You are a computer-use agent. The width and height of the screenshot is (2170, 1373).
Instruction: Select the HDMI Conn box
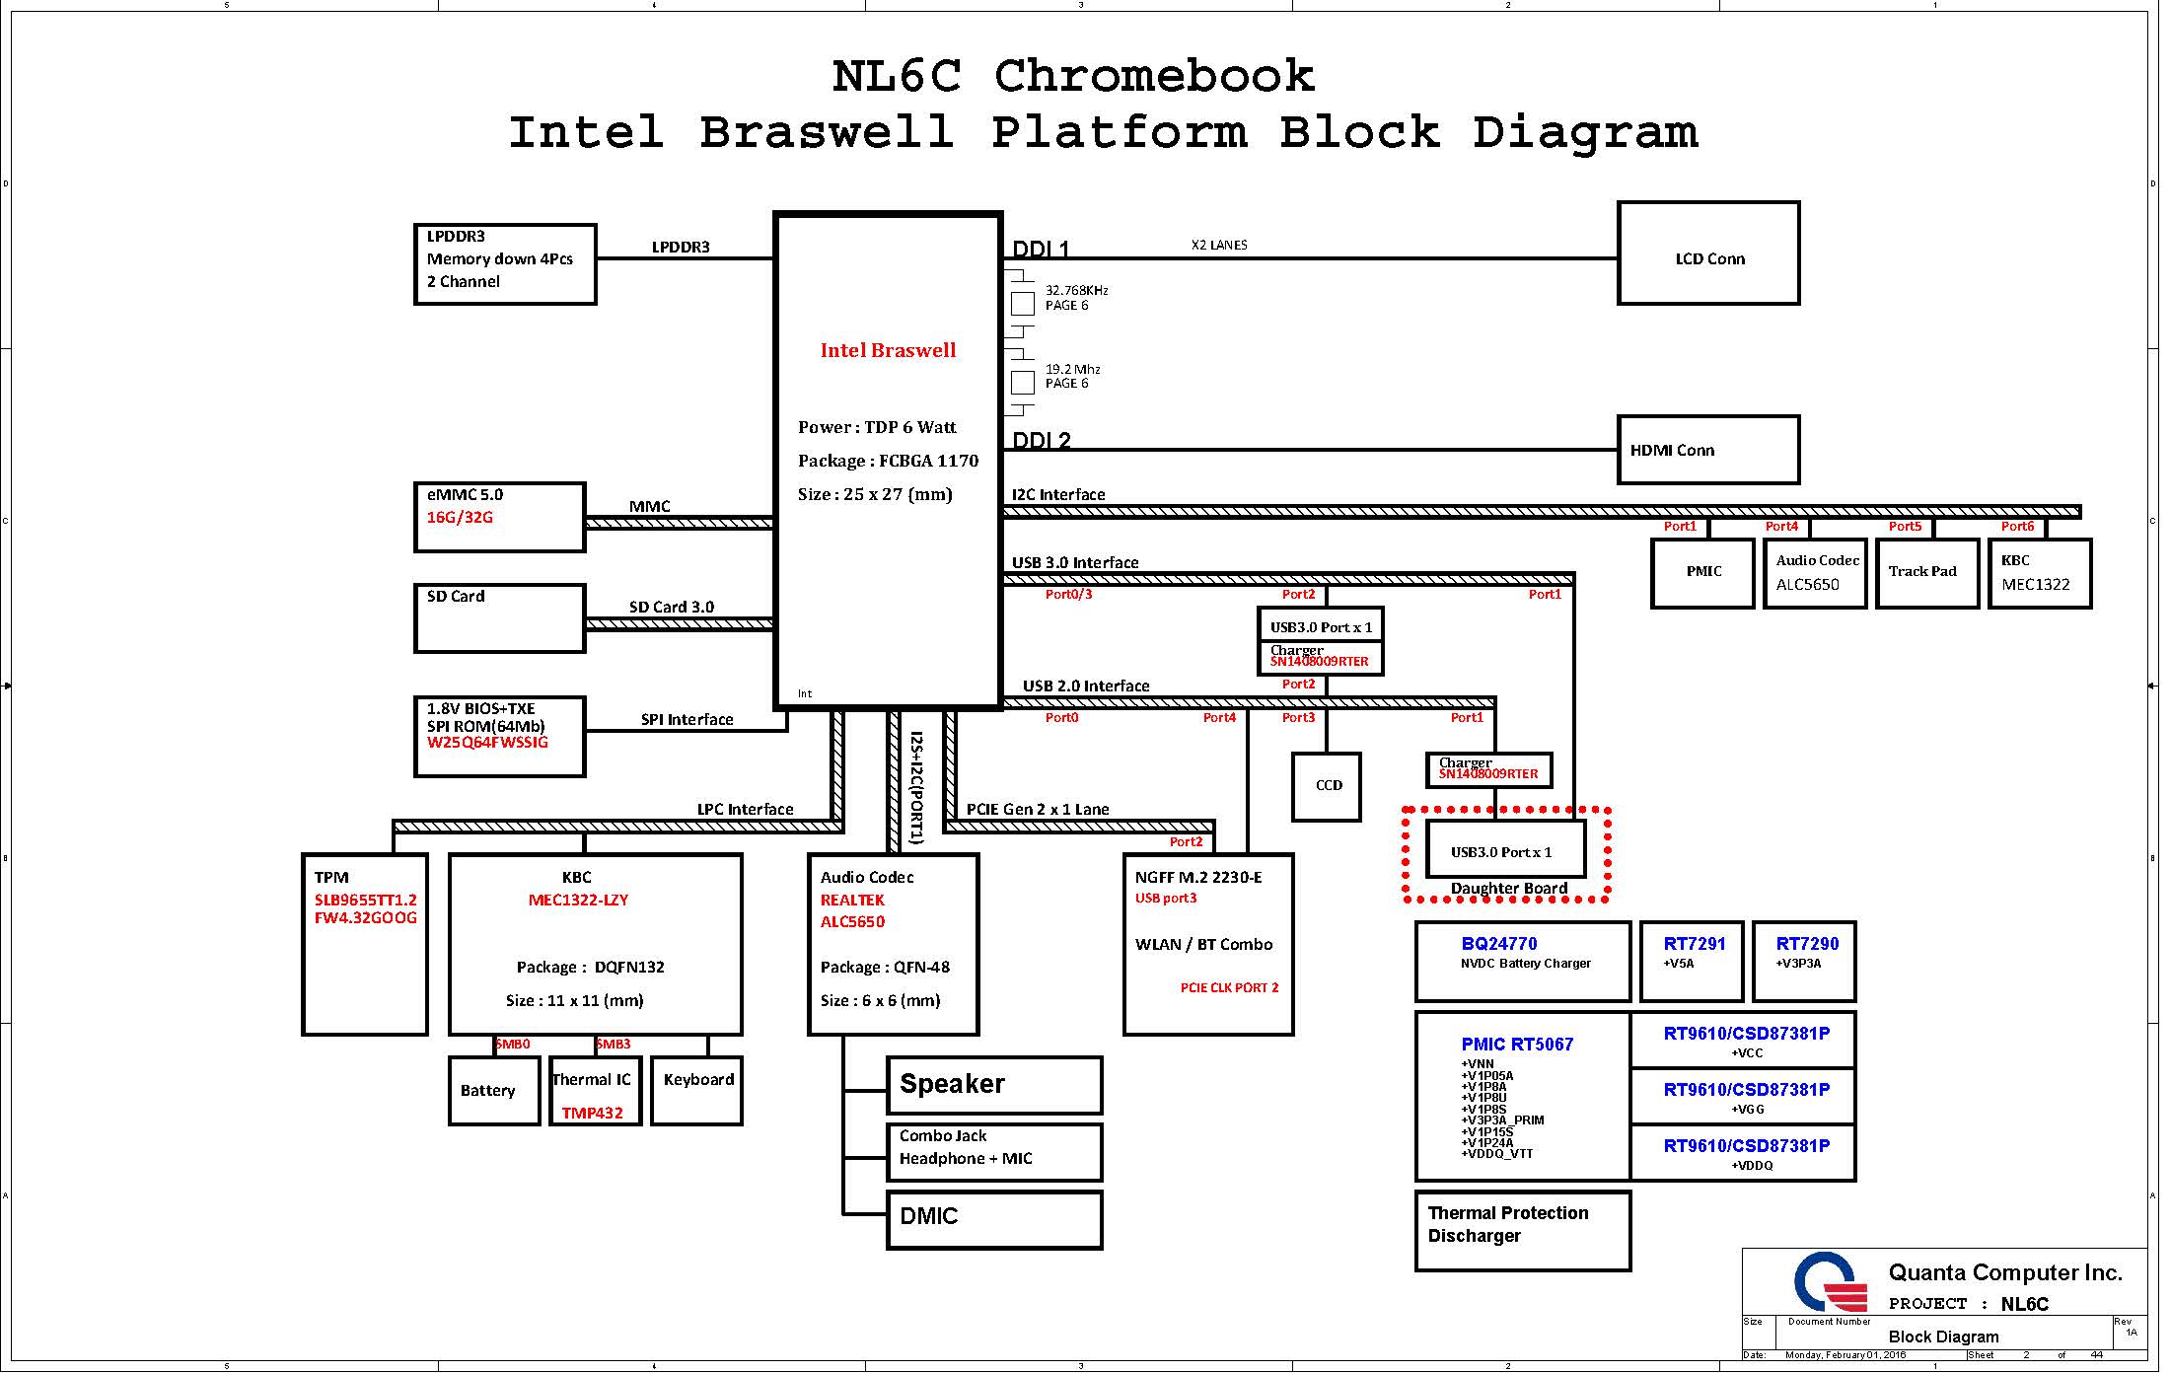click(1708, 450)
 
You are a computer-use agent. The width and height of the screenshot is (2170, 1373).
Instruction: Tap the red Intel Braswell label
click(888, 350)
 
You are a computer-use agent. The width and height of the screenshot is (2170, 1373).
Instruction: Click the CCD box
click(1327, 786)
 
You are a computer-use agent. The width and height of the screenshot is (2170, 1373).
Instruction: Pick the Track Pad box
click(1926, 573)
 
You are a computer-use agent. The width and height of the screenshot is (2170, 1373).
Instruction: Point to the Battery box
click(494, 1091)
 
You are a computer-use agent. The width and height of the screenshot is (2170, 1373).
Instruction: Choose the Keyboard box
click(696, 1091)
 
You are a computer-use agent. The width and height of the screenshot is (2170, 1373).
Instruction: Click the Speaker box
click(993, 1085)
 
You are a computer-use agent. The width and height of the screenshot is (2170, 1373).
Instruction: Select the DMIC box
click(993, 1219)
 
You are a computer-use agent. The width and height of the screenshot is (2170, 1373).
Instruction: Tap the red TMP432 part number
click(592, 1113)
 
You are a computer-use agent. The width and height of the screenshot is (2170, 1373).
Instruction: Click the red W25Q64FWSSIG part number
click(487, 743)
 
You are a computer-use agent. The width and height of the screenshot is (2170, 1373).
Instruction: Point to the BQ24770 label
click(1499, 944)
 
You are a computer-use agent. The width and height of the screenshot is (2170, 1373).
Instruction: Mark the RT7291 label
click(1695, 944)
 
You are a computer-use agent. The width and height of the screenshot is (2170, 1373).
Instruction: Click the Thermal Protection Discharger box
click(1522, 1231)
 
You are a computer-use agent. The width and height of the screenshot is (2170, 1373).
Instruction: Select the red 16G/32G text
click(460, 518)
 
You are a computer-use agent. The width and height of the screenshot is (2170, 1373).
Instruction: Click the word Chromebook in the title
click(1154, 77)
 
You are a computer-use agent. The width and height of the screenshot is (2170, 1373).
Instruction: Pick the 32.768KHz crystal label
click(1076, 290)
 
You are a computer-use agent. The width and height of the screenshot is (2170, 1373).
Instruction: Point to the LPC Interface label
click(745, 810)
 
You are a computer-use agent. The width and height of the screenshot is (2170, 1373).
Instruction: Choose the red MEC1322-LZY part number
click(578, 901)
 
